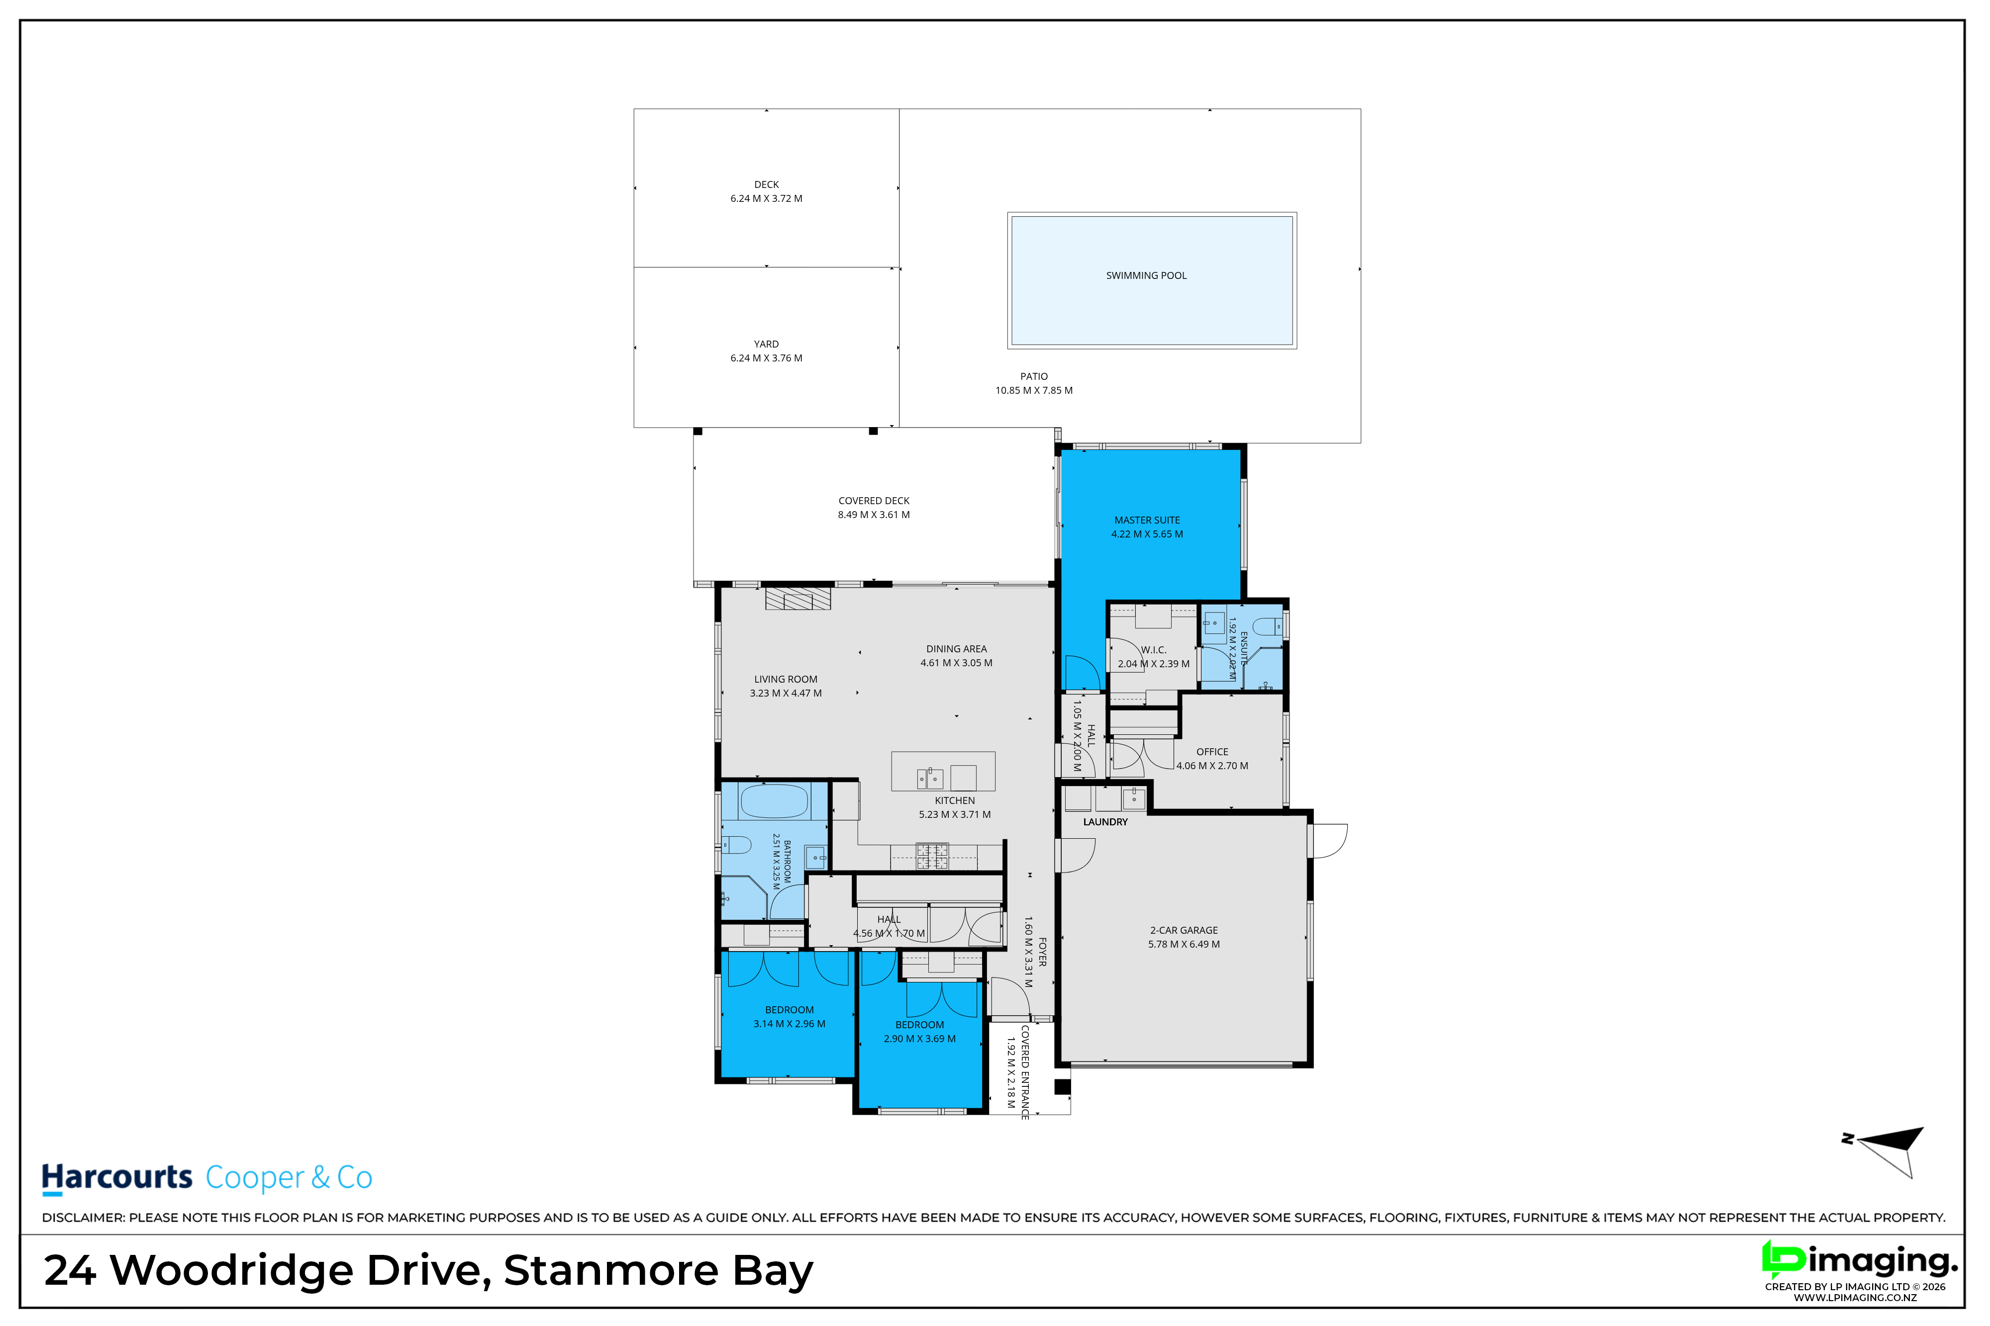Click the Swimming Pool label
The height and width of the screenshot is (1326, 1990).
[x=1146, y=275]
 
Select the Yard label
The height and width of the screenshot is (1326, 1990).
[x=767, y=344]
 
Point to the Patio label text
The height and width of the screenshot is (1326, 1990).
[x=1034, y=376]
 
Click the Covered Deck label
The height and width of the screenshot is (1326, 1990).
[x=874, y=501]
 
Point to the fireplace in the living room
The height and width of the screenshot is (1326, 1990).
[x=798, y=598]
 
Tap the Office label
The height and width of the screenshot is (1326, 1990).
[x=1212, y=752]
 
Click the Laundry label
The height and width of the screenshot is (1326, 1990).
[x=1105, y=822]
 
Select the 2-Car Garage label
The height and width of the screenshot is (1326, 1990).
[x=1184, y=930]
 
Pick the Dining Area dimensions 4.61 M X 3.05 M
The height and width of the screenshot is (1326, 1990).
[x=956, y=663]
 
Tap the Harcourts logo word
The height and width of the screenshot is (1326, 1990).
[x=117, y=1177]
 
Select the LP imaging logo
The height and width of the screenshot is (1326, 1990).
[x=1860, y=1268]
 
